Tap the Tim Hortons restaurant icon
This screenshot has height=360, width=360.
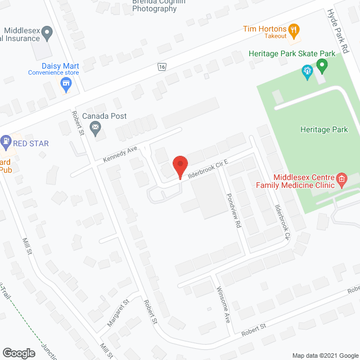[293, 29]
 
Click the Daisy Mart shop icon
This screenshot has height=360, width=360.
[66, 84]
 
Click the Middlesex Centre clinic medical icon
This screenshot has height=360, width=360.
[341, 179]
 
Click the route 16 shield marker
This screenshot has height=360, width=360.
[162, 67]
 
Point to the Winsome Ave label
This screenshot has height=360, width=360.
[223, 305]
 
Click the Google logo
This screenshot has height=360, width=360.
[18, 353]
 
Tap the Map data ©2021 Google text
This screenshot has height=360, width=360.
[324, 355]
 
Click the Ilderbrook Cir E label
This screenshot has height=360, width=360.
[208, 170]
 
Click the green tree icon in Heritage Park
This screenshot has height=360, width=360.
[307, 71]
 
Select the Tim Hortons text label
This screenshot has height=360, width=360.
[264, 29]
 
